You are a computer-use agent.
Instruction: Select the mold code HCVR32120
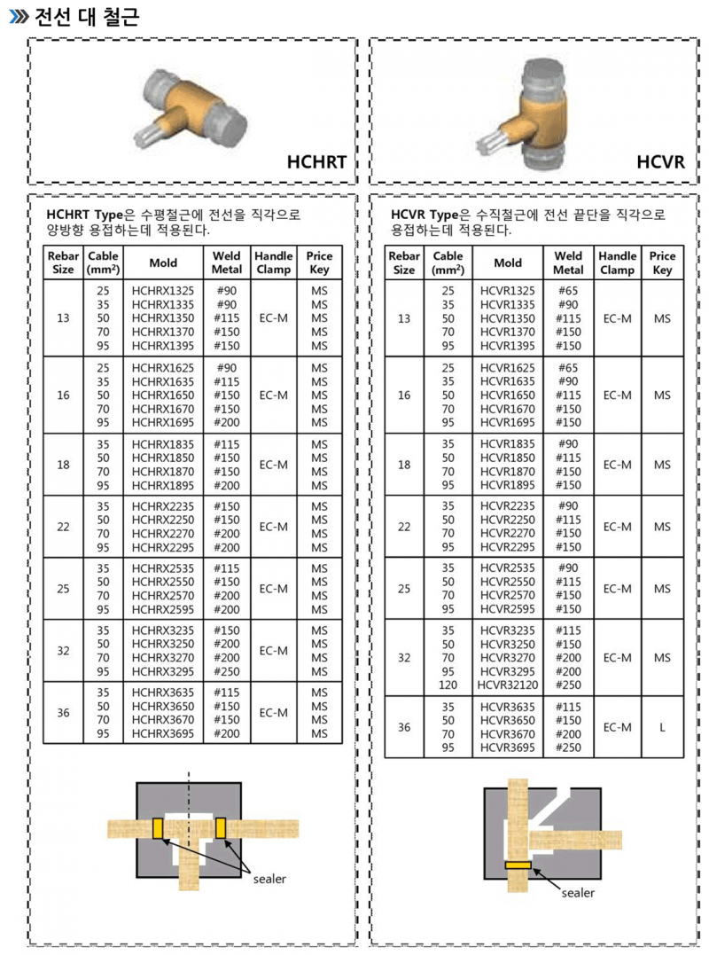click(508, 685)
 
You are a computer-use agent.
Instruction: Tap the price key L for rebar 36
click(661, 727)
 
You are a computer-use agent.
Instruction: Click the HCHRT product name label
click(316, 162)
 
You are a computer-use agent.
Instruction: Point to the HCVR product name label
click(660, 162)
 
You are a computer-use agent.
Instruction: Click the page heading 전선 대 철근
click(86, 16)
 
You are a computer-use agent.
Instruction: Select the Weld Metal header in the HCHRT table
click(227, 262)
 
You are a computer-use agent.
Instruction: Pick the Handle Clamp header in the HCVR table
click(617, 262)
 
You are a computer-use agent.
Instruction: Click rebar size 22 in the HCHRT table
click(63, 527)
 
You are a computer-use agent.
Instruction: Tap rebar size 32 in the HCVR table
click(404, 658)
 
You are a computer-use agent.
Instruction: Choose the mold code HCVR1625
click(508, 367)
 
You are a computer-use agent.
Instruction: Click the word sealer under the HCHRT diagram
click(269, 879)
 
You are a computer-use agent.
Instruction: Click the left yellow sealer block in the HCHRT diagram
click(158, 828)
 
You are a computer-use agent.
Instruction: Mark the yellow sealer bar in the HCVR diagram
click(517, 865)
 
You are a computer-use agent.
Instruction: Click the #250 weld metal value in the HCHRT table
click(227, 671)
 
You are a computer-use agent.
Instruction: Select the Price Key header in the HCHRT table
click(319, 262)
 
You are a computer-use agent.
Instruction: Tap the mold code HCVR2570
click(508, 596)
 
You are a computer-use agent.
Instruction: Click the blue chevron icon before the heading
click(18, 17)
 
